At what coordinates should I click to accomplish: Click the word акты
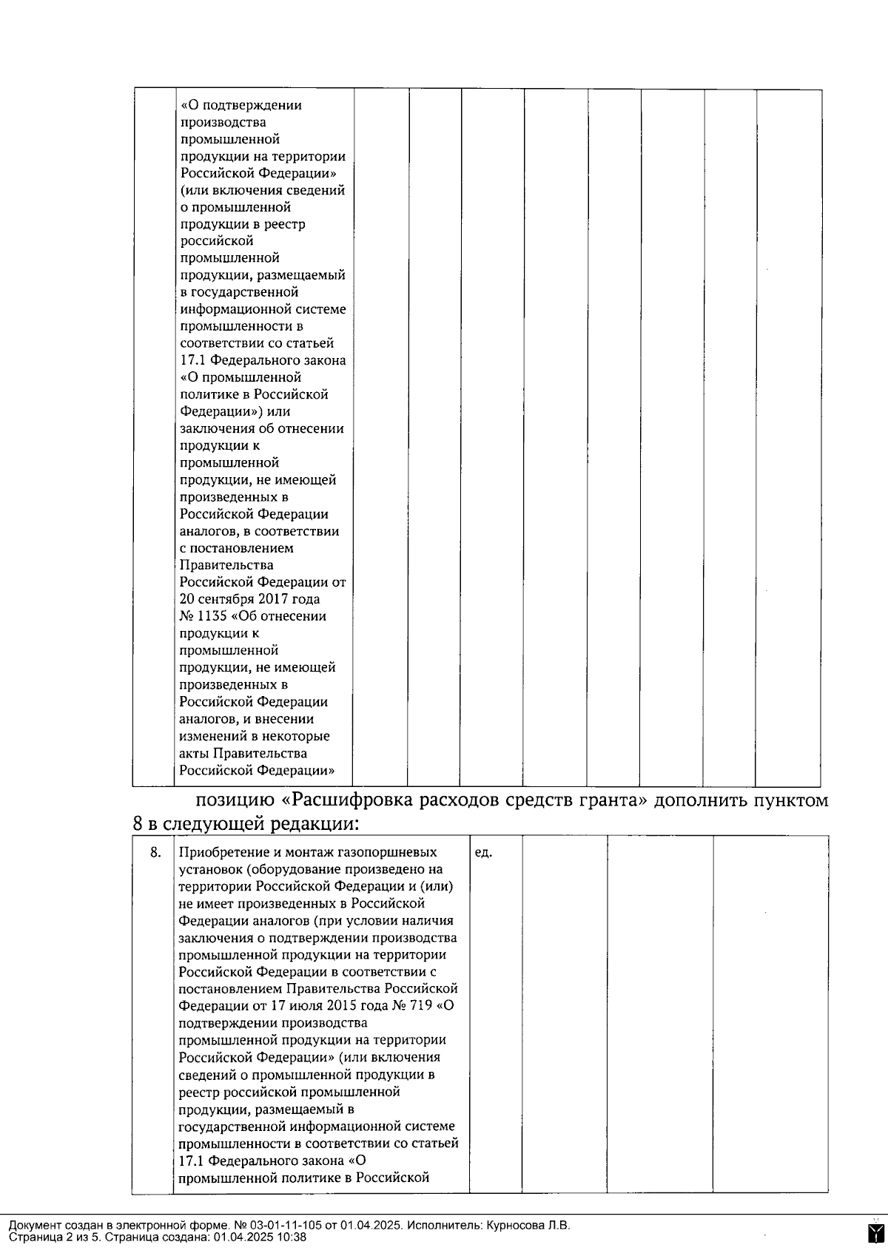[x=195, y=753]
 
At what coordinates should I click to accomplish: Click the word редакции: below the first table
[x=316, y=823]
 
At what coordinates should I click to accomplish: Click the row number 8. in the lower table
[x=155, y=852]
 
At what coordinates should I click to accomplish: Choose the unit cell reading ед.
[x=483, y=852]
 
